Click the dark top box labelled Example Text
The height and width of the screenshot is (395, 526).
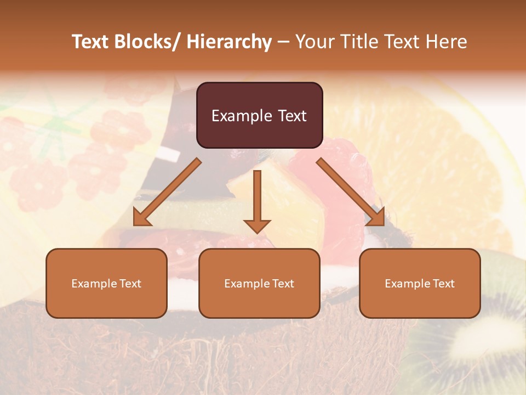tap(259, 115)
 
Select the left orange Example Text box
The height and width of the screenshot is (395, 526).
tap(106, 283)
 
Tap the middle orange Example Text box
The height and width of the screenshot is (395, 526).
tap(259, 283)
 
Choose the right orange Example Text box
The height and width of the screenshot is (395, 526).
tap(420, 283)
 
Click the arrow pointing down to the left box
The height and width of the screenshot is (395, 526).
tap(167, 192)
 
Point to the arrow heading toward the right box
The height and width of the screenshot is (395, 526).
tap(351, 192)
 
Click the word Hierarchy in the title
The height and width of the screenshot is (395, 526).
tap(229, 42)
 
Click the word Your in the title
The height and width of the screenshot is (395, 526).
tap(313, 42)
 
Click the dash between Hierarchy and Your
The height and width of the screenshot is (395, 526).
tap(283, 42)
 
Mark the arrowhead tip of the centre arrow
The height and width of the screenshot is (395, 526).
tap(257, 233)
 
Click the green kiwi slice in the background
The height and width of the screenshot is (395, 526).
tap(482, 335)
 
